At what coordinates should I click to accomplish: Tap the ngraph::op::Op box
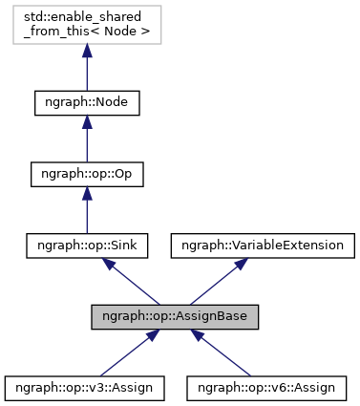point(87,174)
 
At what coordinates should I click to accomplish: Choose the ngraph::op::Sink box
point(87,246)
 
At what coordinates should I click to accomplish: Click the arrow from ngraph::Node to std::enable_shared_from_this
point(87,71)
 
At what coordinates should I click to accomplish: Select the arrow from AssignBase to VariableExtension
point(218,282)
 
